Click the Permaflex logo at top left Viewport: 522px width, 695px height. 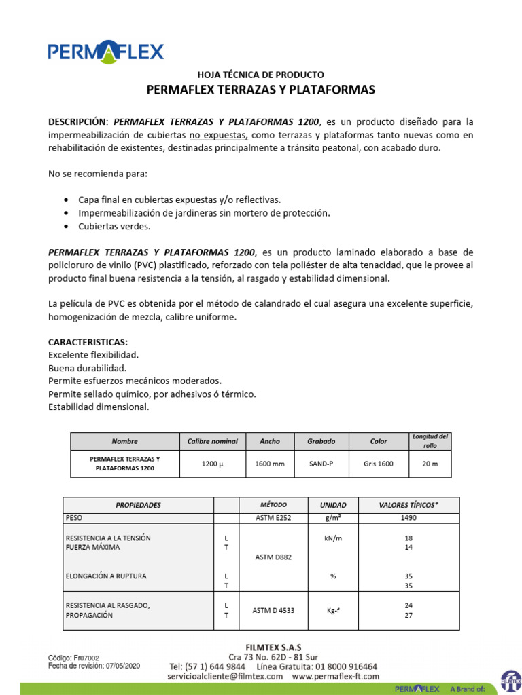coord(105,52)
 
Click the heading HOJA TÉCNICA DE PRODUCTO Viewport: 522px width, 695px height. coord(260,75)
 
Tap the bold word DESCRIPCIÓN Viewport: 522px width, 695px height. coord(78,122)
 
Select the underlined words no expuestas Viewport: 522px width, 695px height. coord(218,135)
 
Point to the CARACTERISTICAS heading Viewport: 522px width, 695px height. coord(88,342)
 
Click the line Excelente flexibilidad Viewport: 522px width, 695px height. coord(93,355)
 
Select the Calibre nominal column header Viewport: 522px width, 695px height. coord(213,441)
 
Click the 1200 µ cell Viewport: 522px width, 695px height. coord(213,464)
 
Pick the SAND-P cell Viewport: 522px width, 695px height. coord(321,464)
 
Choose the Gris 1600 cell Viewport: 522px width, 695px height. coord(378,464)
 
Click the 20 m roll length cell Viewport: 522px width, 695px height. coord(430,464)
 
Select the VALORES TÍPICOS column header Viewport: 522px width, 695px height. coord(408,505)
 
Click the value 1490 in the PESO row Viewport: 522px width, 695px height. coord(408,518)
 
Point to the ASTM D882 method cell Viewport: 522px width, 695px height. coord(273,557)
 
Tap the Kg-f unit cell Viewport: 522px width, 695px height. coord(333,610)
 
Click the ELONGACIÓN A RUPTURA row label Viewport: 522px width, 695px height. coord(106,576)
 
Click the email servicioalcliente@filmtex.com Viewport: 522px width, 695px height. coord(225,677)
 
